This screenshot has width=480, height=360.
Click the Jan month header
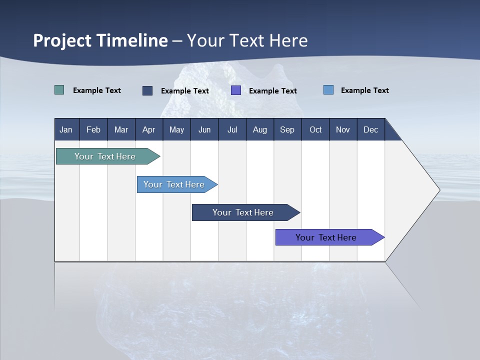point(66,129)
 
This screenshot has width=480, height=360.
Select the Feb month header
point(93,129)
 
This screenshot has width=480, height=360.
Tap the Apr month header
point(148,129)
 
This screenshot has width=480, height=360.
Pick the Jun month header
point(204,129)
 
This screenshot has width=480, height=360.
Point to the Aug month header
point(259,129)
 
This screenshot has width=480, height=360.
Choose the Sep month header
point(287,129)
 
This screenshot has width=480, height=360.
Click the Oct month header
point(315,129)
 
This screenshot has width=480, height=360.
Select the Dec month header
point(370,129)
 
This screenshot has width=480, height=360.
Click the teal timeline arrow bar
point(105,156)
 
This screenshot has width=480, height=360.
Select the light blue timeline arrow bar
point(174,184)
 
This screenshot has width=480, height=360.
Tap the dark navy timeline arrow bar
point(243,212)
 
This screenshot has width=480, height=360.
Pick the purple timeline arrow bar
point(326,237)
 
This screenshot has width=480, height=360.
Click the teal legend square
point(59,90)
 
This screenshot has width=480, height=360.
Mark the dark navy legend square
point(147,90)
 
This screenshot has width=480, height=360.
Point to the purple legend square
point(236,90)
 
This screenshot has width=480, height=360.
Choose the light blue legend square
point(328,90)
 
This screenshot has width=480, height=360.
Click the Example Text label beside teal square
point(97,90)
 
